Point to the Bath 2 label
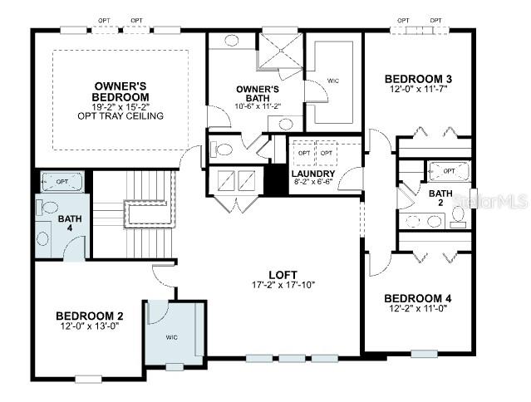[x=441, y=199]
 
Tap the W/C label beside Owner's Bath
[x=333, y=81]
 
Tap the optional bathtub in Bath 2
[x=448, y=171]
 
